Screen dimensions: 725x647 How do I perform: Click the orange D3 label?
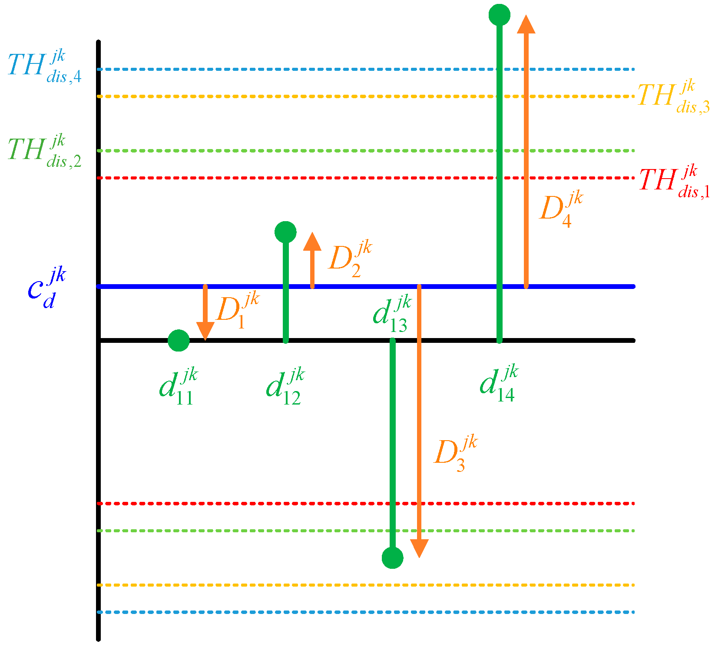point(455,454)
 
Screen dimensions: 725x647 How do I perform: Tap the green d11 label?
point(179,386)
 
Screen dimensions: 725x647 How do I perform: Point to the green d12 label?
point(285,386)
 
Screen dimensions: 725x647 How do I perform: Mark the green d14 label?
point(499,384)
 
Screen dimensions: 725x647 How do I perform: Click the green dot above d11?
point(179,340)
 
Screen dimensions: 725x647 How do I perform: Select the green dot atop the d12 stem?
point(285,232)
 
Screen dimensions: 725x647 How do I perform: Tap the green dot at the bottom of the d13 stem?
point(392,557)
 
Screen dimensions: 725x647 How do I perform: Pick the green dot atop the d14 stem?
point(499,15)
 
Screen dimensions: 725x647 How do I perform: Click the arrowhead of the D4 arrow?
point(526,24)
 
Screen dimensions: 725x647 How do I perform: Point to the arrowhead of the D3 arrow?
point(419,548)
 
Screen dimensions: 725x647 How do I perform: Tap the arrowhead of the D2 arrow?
point(312,242)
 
